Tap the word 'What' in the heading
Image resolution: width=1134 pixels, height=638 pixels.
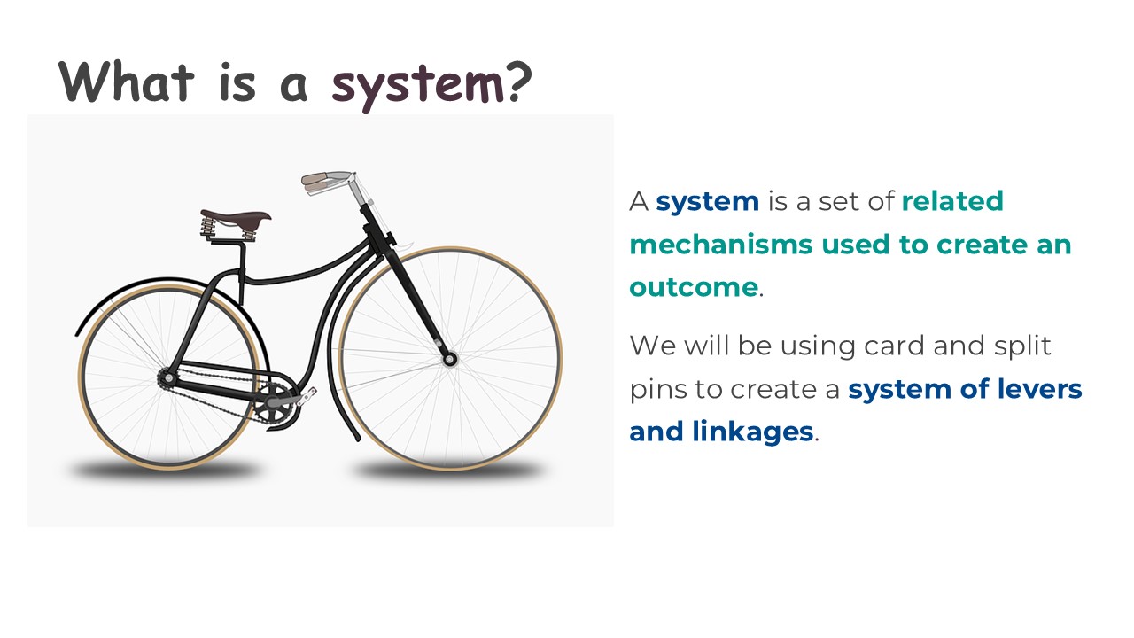pos(126,82)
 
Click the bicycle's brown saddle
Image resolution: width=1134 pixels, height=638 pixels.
pos(235,216)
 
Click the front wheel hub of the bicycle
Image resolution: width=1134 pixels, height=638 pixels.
pos(449,359)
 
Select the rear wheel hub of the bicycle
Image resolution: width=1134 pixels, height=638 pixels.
pos(166,378)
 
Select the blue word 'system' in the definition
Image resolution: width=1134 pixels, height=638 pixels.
pos(707,201)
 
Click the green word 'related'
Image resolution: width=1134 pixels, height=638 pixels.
pos(951,201)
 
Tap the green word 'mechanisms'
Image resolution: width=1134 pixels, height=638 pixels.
pos(719,245)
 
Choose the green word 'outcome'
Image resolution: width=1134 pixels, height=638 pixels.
pos(694,287)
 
